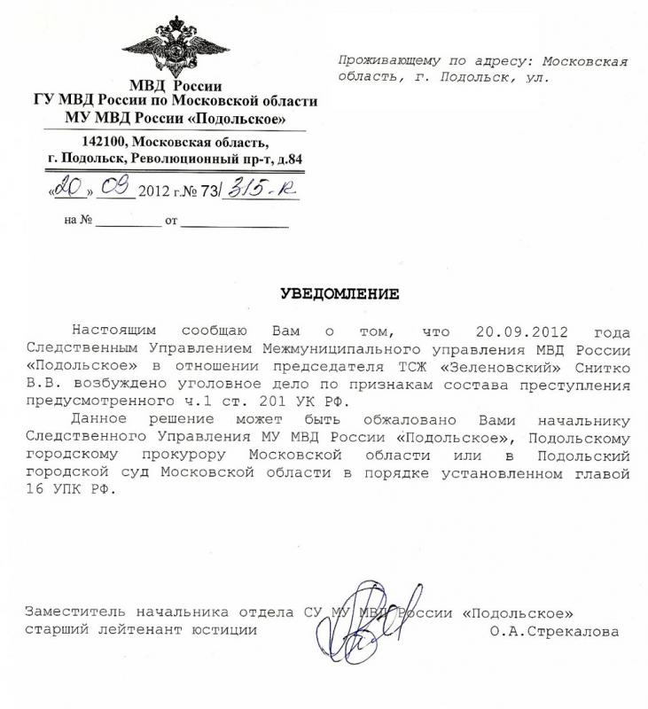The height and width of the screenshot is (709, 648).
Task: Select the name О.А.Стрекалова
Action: (x=553, y=631)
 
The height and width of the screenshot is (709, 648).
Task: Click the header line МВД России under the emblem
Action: (x=174, y=86)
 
